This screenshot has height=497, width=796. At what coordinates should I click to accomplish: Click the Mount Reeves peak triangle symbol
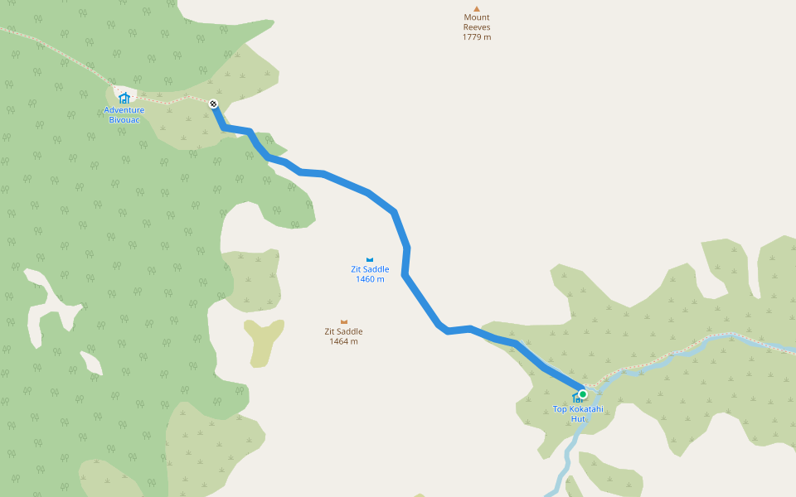pos(477,9)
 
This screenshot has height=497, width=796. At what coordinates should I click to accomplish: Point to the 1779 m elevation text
pos(477,37)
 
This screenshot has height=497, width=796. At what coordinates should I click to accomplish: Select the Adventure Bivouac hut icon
pos(124,98)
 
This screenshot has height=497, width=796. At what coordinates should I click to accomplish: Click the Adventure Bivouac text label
pos(124,115)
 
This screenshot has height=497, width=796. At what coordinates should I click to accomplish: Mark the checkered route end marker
pos(213,104)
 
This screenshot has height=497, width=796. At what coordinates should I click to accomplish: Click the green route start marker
pos(583,394)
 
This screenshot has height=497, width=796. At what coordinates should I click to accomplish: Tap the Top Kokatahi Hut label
pos(578,409)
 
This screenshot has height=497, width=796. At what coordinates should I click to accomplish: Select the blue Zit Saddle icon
pos(370,259)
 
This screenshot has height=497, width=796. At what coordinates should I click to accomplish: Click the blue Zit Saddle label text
pos(370,269)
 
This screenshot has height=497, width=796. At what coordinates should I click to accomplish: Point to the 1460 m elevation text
pos(370,279)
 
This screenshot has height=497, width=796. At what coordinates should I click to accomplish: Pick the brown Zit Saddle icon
pos(344,321)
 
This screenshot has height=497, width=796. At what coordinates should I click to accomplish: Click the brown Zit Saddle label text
pos(343,331)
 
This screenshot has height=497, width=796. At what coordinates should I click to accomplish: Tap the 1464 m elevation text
pos(343,341)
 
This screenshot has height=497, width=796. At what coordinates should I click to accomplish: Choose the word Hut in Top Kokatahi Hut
pos(578,418)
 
